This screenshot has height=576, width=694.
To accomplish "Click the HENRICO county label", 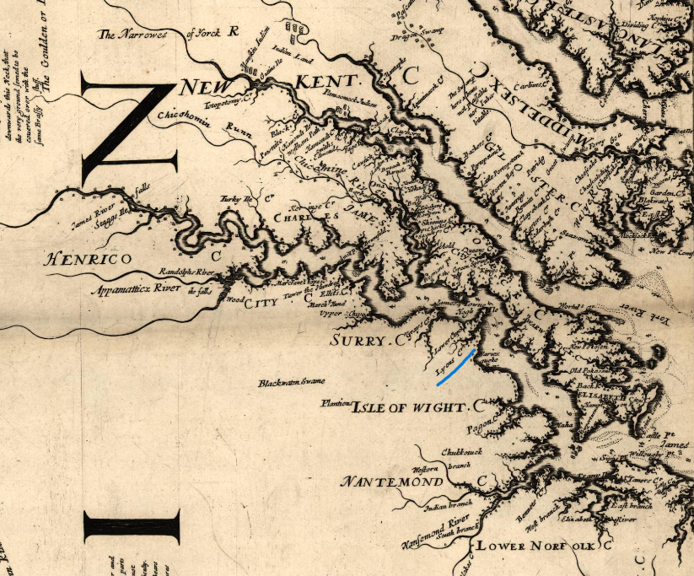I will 88,259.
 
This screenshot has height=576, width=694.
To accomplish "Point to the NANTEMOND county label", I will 392,482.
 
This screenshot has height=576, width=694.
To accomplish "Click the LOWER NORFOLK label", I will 539,546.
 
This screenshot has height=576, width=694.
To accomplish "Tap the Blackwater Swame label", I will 292,382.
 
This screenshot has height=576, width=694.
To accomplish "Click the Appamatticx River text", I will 136,288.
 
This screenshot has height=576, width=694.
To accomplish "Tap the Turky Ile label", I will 237,199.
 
